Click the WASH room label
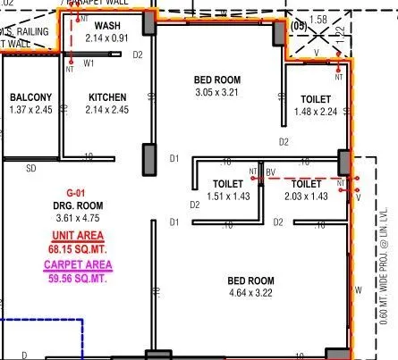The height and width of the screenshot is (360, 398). tap(108, 27)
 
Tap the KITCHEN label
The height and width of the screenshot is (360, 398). tap(107, 97)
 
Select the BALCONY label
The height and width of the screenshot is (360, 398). tap(31, 97)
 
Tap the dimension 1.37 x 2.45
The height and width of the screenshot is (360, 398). tap(31, 109)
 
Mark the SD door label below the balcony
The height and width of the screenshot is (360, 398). tap(30, 167)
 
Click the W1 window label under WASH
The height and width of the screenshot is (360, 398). tap(89, 64)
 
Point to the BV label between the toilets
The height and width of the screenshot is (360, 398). tap(270, 171)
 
